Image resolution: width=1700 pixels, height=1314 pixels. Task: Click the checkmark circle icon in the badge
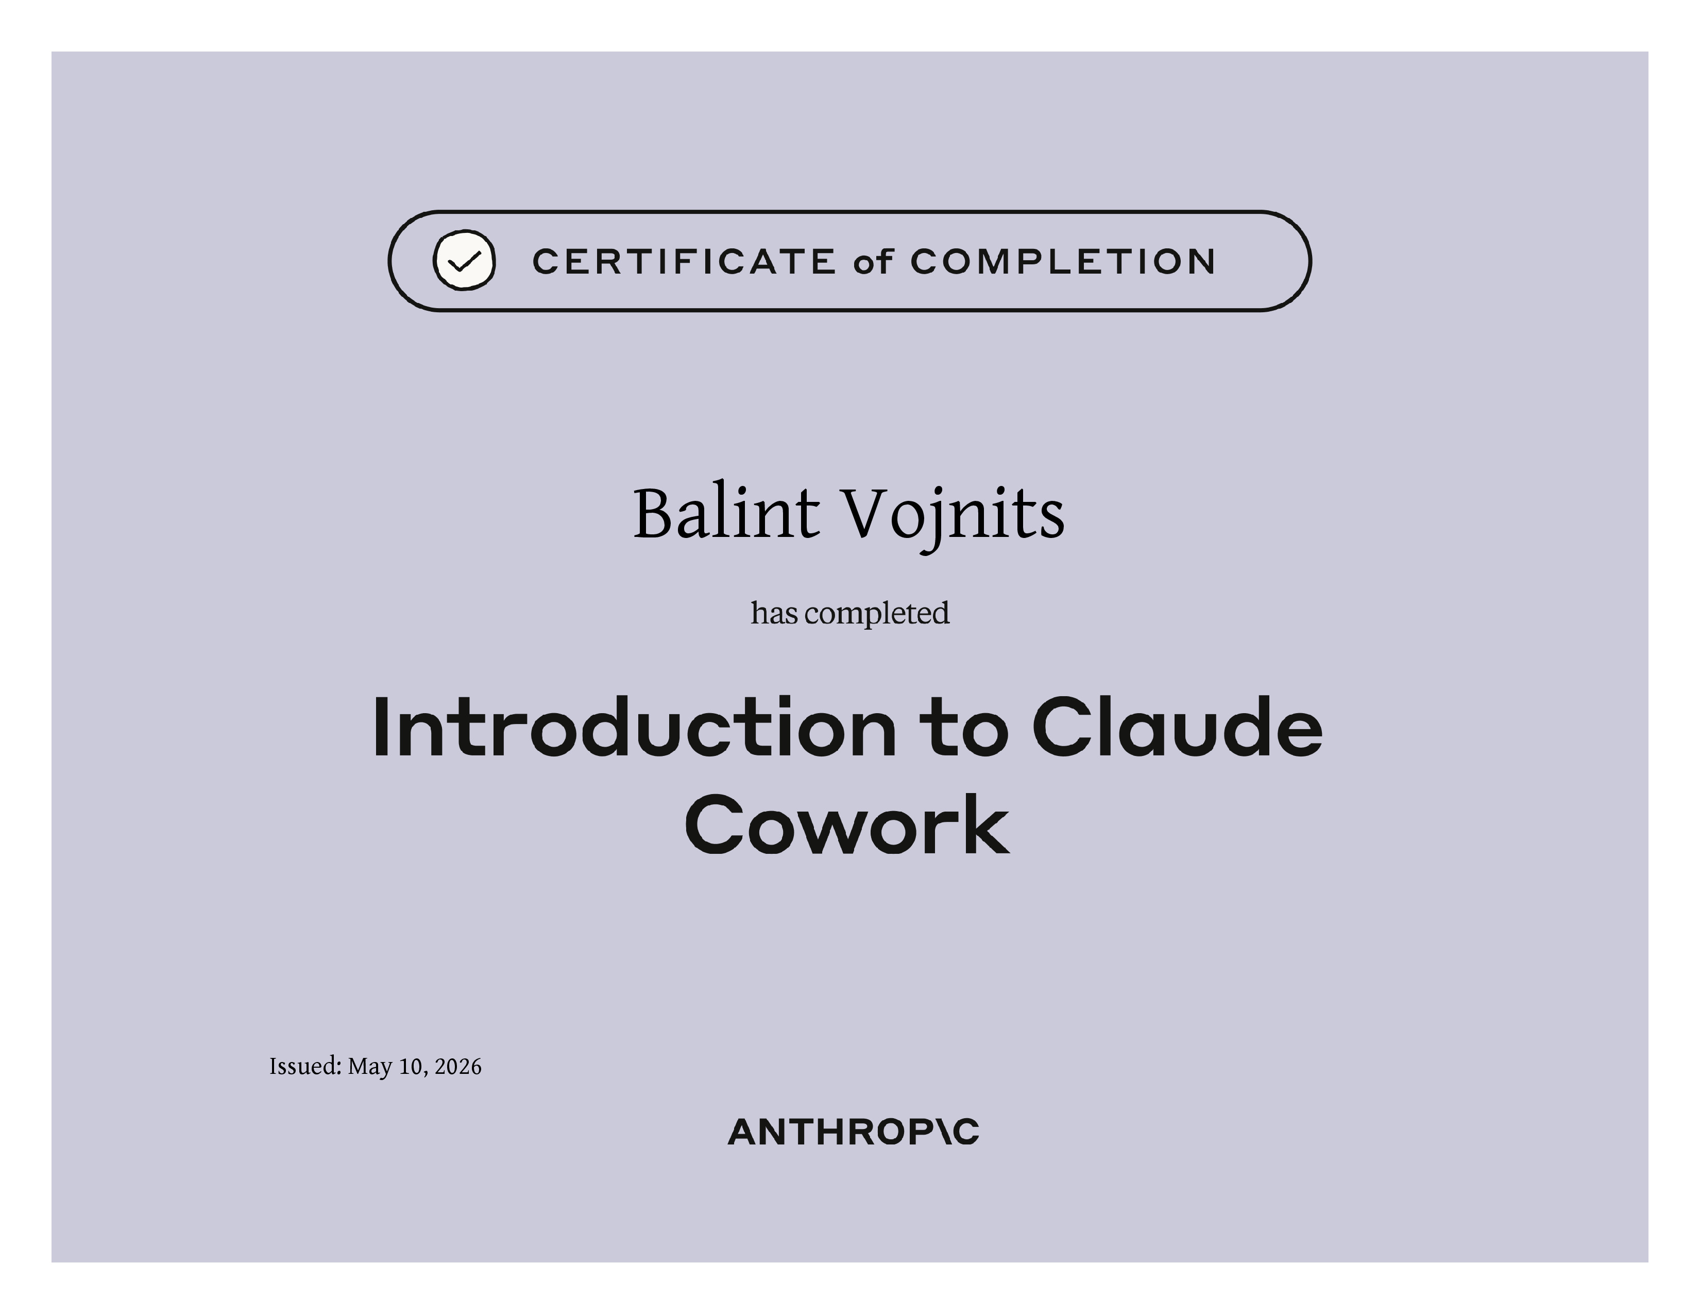click(464, 261)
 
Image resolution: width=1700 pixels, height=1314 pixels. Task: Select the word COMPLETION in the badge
click(1062, 262)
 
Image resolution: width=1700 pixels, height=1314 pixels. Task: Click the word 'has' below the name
click(774, 613)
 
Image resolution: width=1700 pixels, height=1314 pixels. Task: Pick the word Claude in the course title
click(1178, 727)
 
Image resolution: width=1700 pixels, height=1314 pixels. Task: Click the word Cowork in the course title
click(847, 823)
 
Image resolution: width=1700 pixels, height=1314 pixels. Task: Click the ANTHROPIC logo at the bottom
click(853, 1132)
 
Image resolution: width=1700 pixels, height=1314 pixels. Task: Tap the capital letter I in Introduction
click(381, 727)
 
